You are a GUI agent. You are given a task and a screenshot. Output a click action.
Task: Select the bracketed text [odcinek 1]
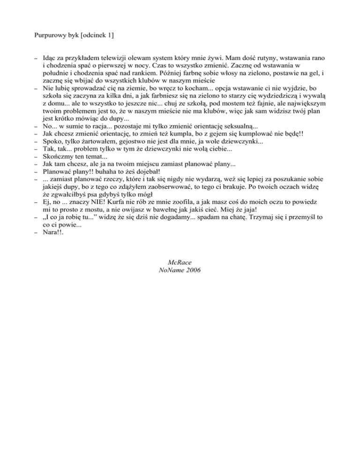tap(99, 35)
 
